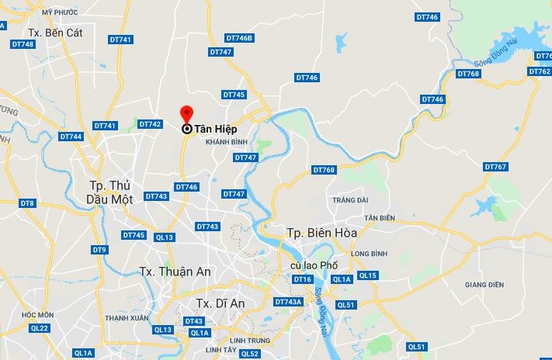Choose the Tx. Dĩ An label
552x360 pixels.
click(220, 303)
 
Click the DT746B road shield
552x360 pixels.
click(239, 38)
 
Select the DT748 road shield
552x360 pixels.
click(23, 44)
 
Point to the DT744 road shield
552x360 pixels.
click(71, 137)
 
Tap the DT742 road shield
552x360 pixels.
click(149, 124)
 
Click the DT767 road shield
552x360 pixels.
click(495, 167)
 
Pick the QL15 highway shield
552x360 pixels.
click(368, 275)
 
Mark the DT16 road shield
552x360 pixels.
click(302, 279)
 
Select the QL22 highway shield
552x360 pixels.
click(39, 328)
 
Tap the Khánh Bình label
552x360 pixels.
click(226, 143)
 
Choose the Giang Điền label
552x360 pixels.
click(484, 285)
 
